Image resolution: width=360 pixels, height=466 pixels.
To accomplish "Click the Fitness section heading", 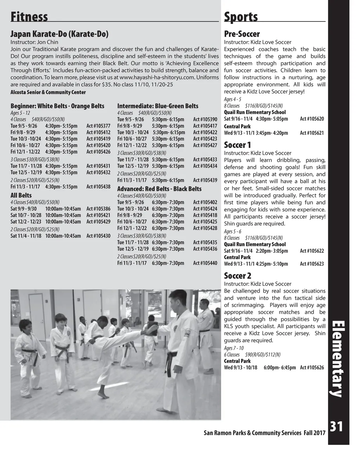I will click(x=29, y=17).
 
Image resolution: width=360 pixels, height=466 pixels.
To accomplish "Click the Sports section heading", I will click(x=241, y=17).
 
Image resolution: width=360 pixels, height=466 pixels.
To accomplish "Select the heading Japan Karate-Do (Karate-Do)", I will click(x=59, y=34).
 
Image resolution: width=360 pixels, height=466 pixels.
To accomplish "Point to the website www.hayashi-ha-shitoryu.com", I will click(x=157, y=77).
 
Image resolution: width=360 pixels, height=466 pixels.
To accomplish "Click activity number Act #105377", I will click(x=98, y=126).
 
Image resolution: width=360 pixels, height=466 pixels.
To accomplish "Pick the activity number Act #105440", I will click(x=205, y=263).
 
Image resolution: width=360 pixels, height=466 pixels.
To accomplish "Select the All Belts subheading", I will click(x=21, y=195).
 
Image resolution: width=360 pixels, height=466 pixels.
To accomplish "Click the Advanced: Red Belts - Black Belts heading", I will click(x=159, y=189).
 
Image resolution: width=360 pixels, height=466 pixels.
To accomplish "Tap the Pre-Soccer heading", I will click(x=242, y=34).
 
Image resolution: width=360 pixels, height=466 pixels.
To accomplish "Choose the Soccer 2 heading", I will click(x=238, y=276).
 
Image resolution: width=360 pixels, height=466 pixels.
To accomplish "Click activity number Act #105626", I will click(x=312, y=368).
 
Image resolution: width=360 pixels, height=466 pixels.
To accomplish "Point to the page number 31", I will click(x=336, y=427).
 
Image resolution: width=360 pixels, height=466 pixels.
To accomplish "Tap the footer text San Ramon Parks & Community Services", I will click(x=252, y=433).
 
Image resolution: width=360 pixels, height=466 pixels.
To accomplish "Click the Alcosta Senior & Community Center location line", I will click(x=48, y=92).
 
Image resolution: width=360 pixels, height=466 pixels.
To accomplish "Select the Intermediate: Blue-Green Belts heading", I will click(x=157, y=106).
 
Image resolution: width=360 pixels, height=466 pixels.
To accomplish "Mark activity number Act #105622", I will click(x=312, y=251).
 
